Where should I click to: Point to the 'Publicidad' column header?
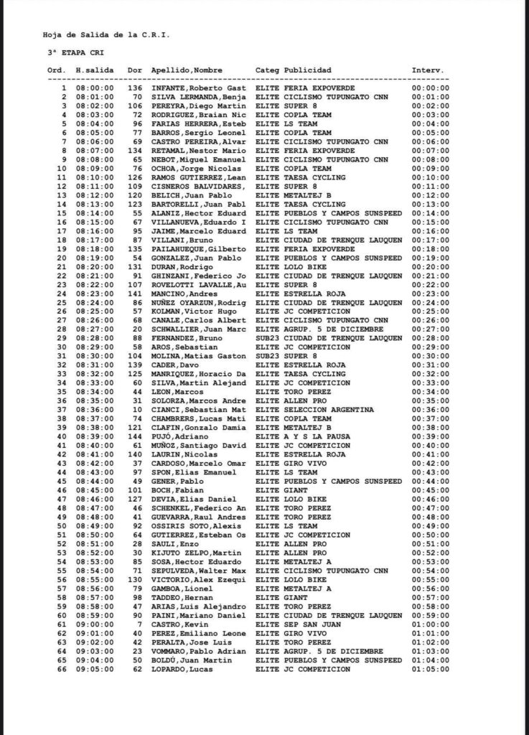308,70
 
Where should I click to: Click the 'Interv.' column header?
429,70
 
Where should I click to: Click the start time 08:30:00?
91,355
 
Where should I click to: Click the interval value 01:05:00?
431,669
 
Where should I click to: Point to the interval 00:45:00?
431,490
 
